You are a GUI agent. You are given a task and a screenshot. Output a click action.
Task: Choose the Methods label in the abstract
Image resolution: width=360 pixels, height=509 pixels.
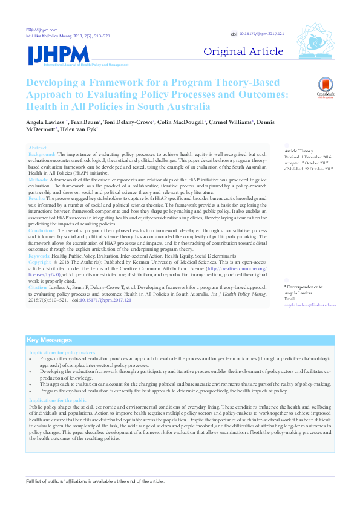(x=39, y=180)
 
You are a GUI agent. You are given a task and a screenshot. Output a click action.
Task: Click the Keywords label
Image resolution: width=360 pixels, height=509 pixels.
(x=39, y=256)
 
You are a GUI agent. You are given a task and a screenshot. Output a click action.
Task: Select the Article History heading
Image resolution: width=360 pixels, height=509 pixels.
(x=299, y=151)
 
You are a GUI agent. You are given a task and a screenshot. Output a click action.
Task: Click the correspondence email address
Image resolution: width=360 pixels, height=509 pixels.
(x=310, y=305)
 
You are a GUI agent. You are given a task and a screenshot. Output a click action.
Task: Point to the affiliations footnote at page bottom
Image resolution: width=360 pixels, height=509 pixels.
(x=95, y=481)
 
